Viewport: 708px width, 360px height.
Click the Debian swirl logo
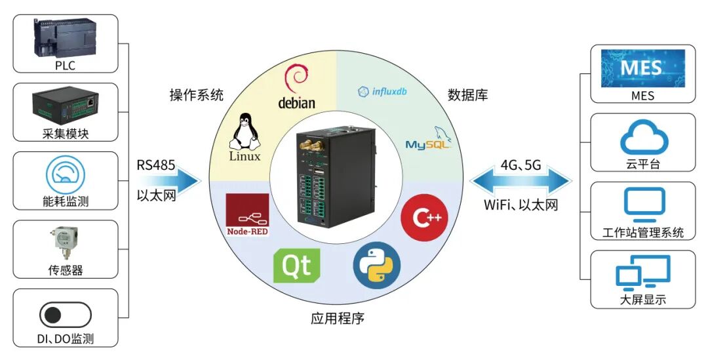(297, 79)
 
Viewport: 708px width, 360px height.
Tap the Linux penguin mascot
(244, 131)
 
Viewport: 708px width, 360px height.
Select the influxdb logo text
(382, 92)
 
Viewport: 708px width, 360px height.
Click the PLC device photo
(66, 38)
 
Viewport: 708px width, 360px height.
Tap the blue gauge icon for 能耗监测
(66, 175)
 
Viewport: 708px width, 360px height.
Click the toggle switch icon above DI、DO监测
(66, 315)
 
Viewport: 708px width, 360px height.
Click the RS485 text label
(156, 165)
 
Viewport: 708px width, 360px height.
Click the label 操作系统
(197, 95)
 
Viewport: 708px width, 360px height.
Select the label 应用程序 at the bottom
(337, 319)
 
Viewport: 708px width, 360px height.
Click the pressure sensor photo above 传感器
(66, 245)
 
